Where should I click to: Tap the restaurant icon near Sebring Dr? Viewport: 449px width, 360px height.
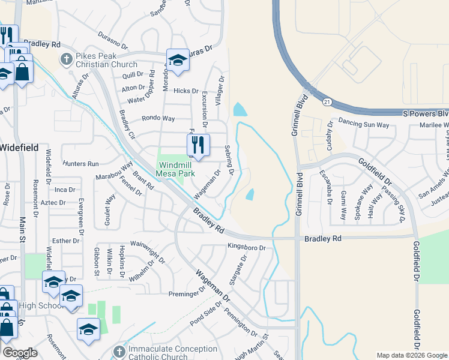pyautogui.click(x=197, y=145)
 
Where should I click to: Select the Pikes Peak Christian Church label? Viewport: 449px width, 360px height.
pyautogui.click(x=107, y=60)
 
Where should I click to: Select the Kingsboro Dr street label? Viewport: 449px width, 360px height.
pyautogui.click(x=246, y=247)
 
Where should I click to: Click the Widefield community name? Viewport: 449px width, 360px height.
pyautogui.click(x=19, y=148)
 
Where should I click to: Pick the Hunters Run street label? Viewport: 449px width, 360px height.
pyautogui.click(x=80, y=163)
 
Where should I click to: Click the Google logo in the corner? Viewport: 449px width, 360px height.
pyautogui.click(x=20, y=353)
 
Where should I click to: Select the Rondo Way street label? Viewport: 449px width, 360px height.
pyautogui.click(x=158, y=118)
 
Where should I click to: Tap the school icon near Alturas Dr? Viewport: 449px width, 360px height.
pyautogui.click(x=178, y=59)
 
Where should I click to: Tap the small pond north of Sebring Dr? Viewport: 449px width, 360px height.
pyautogui.click(x=240, y=110)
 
